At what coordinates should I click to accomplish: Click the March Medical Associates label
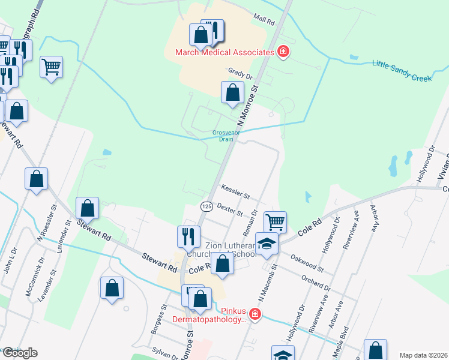coord(224,52)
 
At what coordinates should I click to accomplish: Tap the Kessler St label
coord(235,191)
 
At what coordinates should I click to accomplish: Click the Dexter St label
coord(229,209)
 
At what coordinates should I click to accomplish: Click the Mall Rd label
coord(264,21)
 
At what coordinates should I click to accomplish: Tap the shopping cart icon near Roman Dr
coord(275,221)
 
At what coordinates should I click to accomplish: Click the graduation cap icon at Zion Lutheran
coord(267,244)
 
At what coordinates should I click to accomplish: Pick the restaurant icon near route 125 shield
coord(188,236)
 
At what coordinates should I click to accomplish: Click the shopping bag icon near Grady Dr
coord(232,93)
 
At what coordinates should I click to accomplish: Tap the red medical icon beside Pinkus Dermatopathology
coord(255,314)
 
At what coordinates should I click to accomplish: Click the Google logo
coord(19,353)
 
